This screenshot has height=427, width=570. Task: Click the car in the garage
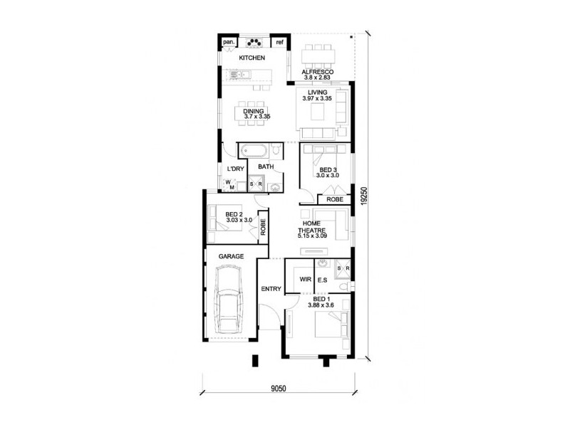pos(229,302)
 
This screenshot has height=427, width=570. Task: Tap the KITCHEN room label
pos(252,58)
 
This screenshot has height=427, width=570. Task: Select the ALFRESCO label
pos(316,73)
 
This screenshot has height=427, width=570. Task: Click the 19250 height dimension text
pos(363,196)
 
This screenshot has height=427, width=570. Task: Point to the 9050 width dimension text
pos(279,389)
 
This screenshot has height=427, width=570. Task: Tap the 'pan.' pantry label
pos(229,42)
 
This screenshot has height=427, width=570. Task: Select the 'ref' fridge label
pos(280,42)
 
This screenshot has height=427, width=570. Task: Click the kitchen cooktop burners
pos(254,41)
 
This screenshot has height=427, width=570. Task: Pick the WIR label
pos(304,280)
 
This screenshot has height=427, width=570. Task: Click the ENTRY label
pos(271,289)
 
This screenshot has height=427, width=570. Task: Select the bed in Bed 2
pos(219,218)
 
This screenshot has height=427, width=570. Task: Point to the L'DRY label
pos(235,169)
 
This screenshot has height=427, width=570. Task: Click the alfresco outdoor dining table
pos(318,55)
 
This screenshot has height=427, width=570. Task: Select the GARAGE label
pos(232,256)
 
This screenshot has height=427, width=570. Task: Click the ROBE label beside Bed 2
pos(263,226)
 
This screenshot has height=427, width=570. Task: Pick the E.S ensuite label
pos(322,280)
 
